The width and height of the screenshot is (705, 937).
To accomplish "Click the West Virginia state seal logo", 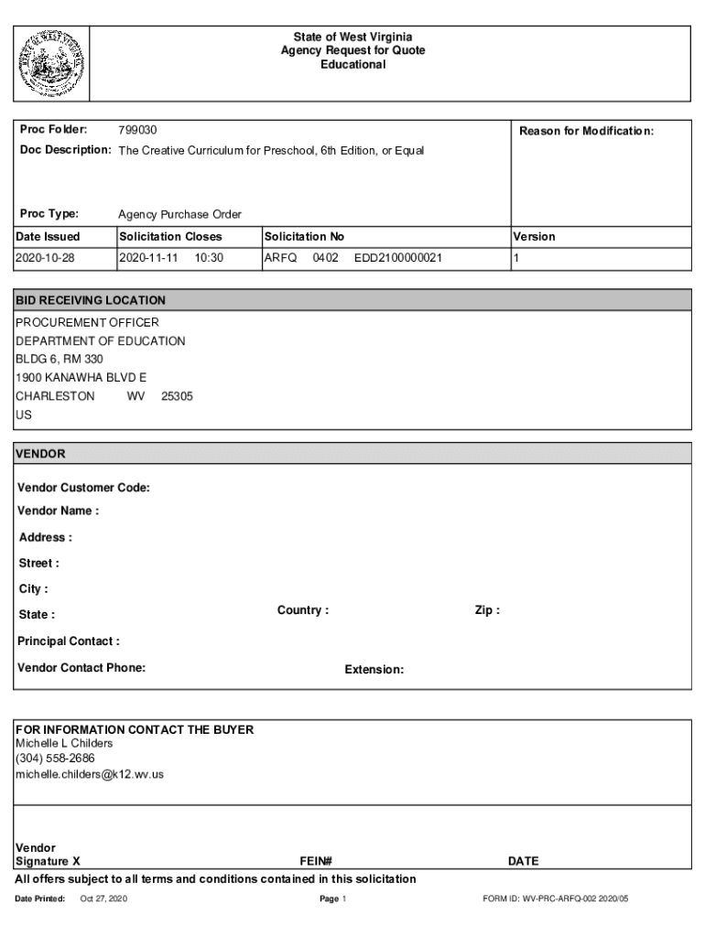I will pos(50,63).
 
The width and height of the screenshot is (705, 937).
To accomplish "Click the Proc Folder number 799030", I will pos(137,131).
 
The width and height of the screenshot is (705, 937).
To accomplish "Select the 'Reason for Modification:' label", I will pos(586,131).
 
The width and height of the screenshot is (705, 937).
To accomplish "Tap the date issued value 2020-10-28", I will pos(45,258).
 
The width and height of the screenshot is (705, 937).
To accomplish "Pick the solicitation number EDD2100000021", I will pos(398,258).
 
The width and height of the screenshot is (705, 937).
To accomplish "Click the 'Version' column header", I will pos(534,236).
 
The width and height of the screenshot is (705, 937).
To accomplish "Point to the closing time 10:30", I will pos(209,258).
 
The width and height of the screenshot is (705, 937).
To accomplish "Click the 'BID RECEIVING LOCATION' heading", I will pos(91,300).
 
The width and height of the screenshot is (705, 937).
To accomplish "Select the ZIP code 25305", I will pos(177,396).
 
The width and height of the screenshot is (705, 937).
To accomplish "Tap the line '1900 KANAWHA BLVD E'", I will pos(81,378).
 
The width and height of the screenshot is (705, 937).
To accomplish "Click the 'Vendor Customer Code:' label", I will pos(83,488).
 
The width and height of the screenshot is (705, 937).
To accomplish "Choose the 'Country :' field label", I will pos(303,610).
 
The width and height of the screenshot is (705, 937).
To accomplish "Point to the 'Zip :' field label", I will pos(487,610).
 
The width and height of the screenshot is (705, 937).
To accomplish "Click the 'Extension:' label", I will pos(374,670).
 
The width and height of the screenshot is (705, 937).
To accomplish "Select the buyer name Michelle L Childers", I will pos(64,743).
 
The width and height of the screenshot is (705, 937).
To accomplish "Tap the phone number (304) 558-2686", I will pos(55,759).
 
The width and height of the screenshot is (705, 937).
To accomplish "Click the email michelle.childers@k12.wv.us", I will pos(90,774).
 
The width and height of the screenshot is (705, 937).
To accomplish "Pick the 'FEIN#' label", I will pos(315,861).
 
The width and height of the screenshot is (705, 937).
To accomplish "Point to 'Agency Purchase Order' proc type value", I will pos(179,214).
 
